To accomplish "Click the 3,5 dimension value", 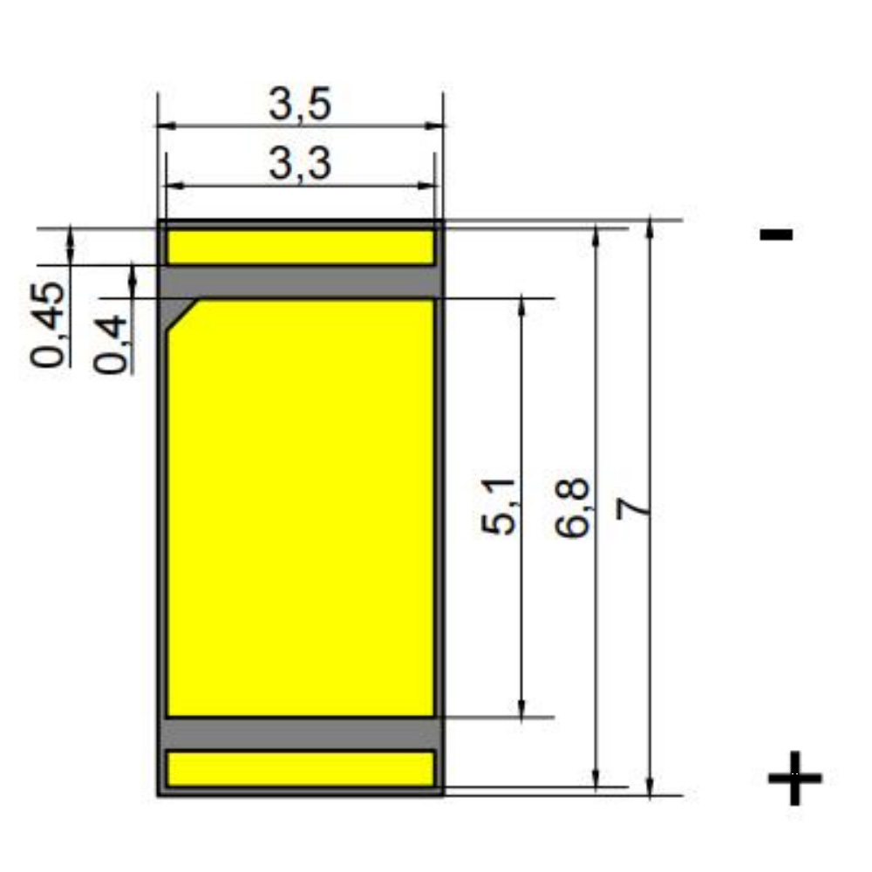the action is tap(300, 104).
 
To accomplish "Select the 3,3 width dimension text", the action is tap(300, 164).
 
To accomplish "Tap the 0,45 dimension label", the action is tap(49, 325).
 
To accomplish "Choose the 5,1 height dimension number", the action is tap(499, 506).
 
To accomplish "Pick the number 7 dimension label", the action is tap(633, 508).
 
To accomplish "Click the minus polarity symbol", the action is tap(776, 234).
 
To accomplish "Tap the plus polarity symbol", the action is tap(794, 778).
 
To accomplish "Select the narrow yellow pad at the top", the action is tap(300, 247).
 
